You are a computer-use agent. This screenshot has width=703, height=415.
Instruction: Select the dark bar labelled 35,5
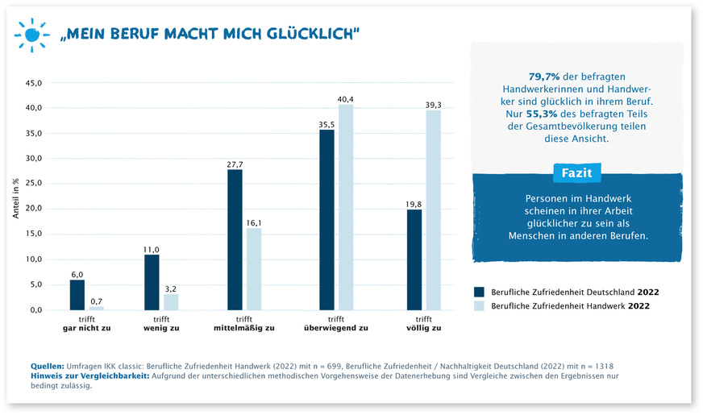point(327,219)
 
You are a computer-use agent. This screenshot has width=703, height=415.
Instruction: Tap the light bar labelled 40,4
point(346,207)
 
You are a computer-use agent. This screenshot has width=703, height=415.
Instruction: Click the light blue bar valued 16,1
point(254,269)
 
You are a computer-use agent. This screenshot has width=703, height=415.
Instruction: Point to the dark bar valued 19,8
point(414,259)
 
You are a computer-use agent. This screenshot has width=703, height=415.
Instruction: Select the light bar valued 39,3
point(434,210)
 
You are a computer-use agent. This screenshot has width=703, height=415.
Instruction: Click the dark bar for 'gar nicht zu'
point(77,294)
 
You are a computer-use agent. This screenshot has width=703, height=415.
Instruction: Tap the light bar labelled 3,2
point(171,301)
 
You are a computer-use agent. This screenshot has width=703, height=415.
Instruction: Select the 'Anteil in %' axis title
point(15,197)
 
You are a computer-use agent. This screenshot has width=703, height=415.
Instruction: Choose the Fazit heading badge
point(576,172)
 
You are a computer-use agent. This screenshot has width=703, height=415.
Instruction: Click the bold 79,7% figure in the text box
point(545,75)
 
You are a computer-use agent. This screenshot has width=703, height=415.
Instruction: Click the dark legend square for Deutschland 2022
point(479,291)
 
